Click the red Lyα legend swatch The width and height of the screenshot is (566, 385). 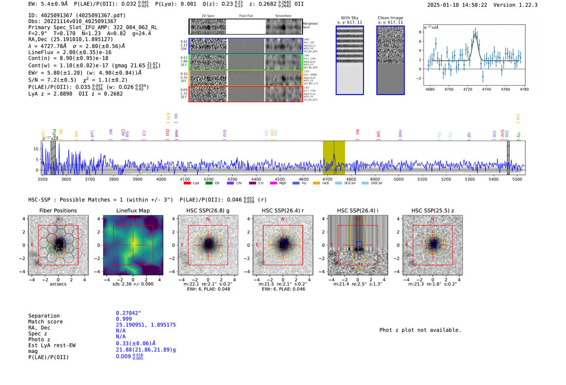pyautogui.click(x=187, y=183)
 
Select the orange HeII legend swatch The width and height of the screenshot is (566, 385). pyautogui.click(x=316, y=183)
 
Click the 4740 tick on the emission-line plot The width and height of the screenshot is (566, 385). pyautogui.click(x=486, y=89)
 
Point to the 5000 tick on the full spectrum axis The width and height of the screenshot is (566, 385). pyautogui.click(x=399, y=179)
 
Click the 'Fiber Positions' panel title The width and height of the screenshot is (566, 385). pyautogui.click(x=58, y=210)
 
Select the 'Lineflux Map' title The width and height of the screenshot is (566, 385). pyautogui.click(x=133, y=210)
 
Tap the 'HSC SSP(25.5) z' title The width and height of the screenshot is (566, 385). pyautogui.click(x=433, y=210)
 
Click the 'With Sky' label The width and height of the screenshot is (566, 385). pyautogui.click(x=349, y=18)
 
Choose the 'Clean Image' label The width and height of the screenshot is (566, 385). pyautogui.click(x=390, y=18)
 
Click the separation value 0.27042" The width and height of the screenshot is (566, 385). pyautogui.click(x=128, y=313)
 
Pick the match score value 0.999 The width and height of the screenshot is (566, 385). pyautogui.click(x=124, y=319)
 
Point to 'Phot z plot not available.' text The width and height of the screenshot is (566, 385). pyautogui.click(x=420, y=330)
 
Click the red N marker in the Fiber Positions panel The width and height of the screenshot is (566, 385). pyautogui.click(x=58, y=219)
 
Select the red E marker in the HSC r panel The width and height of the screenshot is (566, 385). pyautogui.click(x=257, y=245)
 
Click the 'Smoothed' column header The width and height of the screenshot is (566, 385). pyautogui.click(x=283, y=16)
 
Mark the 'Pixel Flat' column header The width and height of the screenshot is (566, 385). pyautogui.click(x=246, y=16)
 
